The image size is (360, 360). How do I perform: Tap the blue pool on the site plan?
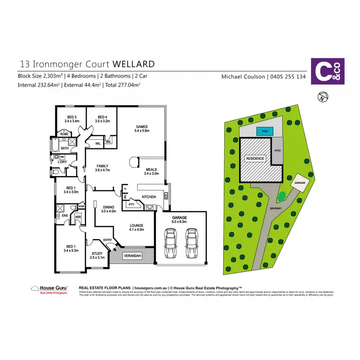pos(264,131)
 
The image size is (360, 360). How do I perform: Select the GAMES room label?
pos(142,126)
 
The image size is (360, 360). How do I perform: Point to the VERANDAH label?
pos(132,256)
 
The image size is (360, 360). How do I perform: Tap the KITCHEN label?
pos(149,197)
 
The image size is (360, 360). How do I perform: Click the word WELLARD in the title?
pos(133,63)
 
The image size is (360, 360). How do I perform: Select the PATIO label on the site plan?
pos(277,151)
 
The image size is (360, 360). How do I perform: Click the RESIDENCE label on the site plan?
pos(255,158)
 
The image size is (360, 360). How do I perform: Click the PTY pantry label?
pos(131,204)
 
